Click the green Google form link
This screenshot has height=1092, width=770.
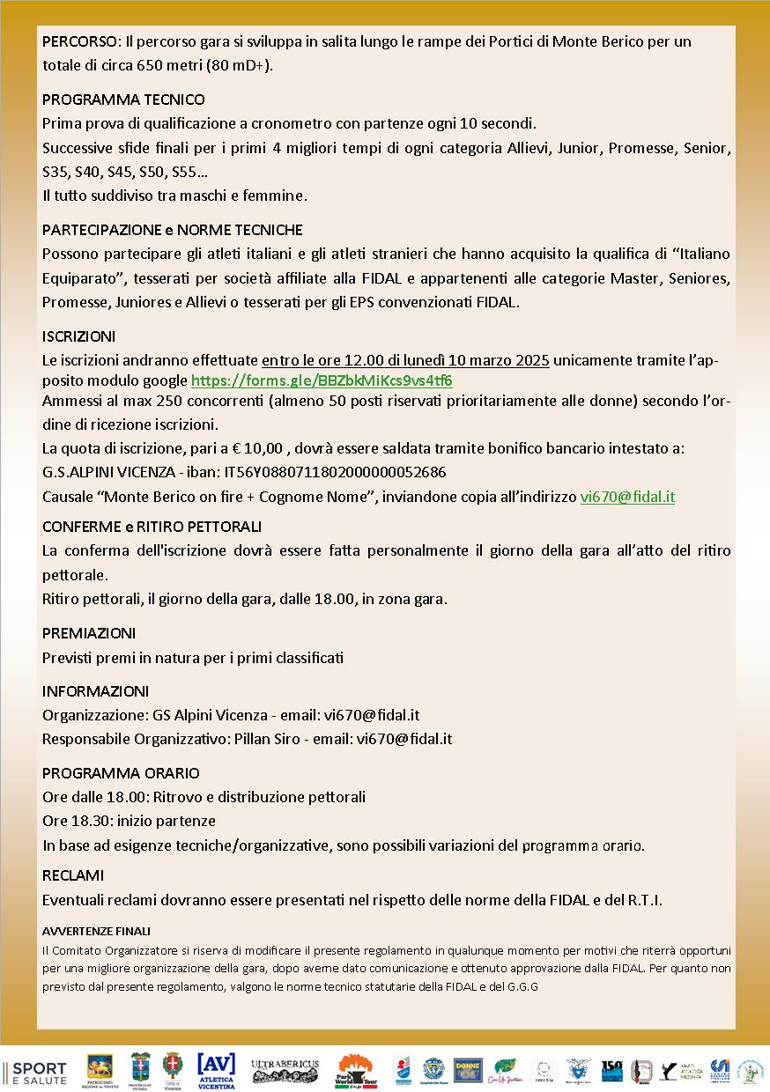pos(322,380)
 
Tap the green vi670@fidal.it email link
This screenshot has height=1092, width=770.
pos(627,496)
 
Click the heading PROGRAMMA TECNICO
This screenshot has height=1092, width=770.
pos(123,100)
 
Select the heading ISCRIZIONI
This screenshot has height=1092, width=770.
pos(78,336)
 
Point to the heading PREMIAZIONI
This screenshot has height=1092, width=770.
pos(89,633)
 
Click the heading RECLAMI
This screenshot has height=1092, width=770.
pos(73,875)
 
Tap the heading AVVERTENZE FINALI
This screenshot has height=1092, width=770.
pos(96,931)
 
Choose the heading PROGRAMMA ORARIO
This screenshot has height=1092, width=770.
pos(121,773)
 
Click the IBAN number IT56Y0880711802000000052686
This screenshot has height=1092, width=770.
pos(335,472)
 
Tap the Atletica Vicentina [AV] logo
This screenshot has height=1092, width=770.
pos(216,1069)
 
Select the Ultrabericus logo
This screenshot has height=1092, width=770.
pos(285,1068)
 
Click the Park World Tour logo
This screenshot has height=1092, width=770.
pos(356,1071)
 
